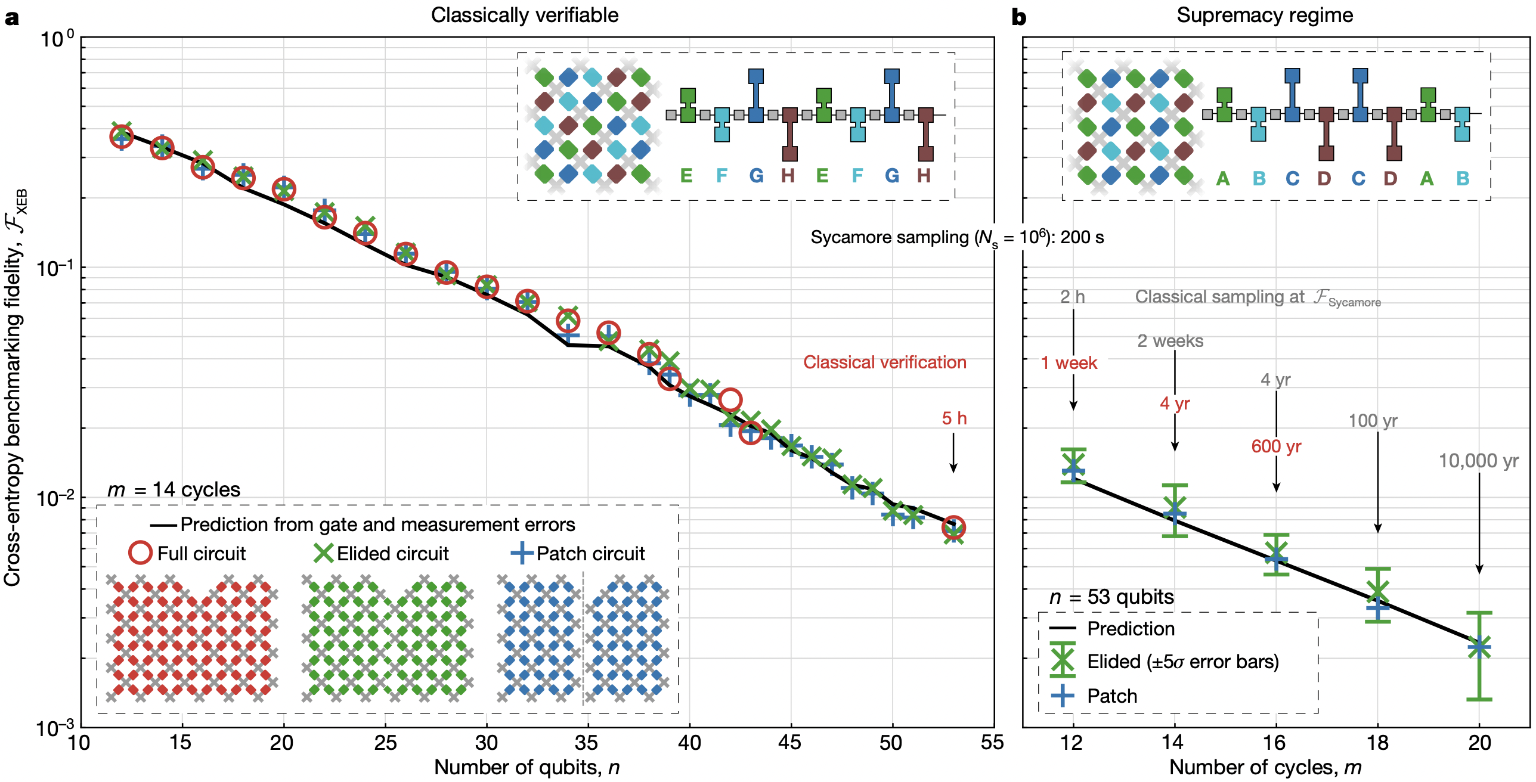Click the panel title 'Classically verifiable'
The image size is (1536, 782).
(524, 15)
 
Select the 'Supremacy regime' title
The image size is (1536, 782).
(1264, 15)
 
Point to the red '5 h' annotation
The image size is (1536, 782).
(953, 418)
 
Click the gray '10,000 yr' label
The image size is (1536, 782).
(1478, 461)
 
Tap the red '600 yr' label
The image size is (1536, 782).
(1276, 446)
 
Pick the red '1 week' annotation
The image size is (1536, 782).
(1069, 363)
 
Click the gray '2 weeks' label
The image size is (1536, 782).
(1170, 341)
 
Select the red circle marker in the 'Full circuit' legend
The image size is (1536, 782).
(140, 553)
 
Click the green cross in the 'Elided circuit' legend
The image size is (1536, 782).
(323, 553)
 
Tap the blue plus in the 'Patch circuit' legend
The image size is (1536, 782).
(522, 553)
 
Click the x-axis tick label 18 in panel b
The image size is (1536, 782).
(1377, 743)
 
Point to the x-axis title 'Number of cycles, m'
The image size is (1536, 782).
(1265, 768)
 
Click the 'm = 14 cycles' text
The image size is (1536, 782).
(174, 489)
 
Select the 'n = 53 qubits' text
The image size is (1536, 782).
(1111, 597)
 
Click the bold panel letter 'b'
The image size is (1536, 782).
(1018, 18)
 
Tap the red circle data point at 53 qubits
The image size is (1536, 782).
(953, 527)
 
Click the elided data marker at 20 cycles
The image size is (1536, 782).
(1479, 647)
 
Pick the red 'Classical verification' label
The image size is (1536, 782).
(884, 362)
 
